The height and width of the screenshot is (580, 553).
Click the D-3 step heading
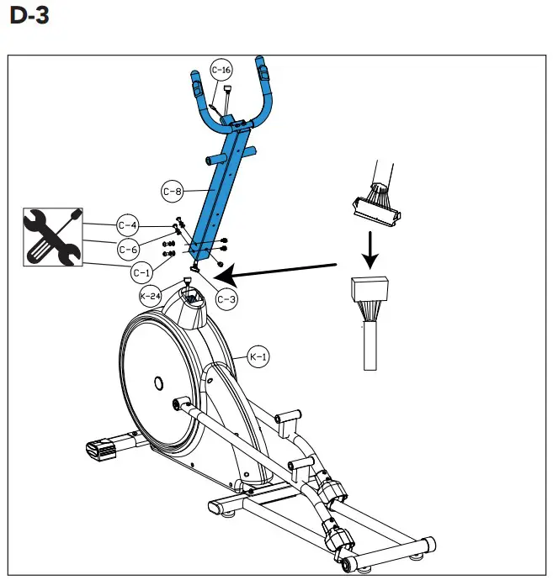point(29,16)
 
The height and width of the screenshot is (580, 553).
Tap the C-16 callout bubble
point(221,71)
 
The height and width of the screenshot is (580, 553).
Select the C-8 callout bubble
point(173,192)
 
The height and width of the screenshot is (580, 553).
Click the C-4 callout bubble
point(128,225)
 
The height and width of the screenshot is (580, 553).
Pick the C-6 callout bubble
point(128,249)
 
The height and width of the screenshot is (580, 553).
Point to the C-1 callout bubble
point(141,272)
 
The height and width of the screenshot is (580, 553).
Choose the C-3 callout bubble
point(226,297)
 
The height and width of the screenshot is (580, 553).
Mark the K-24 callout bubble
point(151,296)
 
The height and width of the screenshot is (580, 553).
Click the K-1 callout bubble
point(258,358)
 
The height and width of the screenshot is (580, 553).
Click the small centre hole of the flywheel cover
point(158,383)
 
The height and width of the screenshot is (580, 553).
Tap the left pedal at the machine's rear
point(103,449)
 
